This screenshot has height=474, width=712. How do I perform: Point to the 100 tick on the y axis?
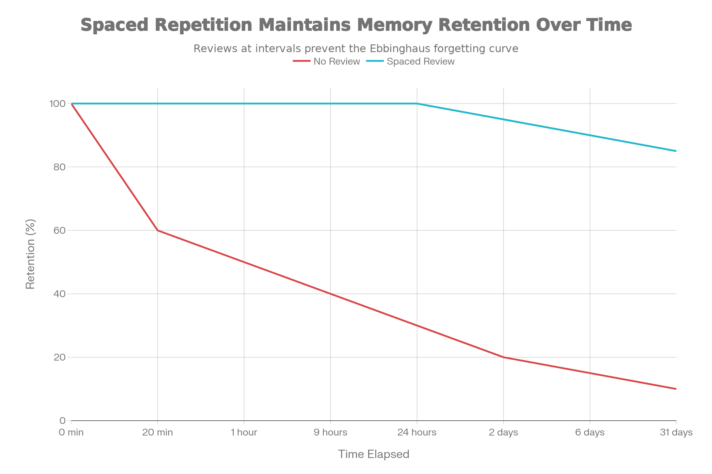(x=58, y=104)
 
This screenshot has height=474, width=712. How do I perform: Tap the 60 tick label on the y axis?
(x=60, y=230)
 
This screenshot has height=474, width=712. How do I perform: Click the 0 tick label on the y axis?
(x=62, y=420)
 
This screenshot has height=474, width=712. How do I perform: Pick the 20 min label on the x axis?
(x=158, y=432)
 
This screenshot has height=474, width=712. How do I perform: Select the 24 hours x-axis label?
(x=417, y=432)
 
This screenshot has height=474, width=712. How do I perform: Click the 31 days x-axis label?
(x=676, y=432)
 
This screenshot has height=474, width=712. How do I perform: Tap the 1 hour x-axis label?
(x=244, y=432)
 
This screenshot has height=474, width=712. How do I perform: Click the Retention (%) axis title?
(x=30, y=254)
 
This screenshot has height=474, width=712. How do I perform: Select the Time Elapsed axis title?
(x=374, y=454)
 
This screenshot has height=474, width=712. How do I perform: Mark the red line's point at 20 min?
(x=158, y=230)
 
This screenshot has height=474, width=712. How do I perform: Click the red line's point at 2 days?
(x=503, y=357)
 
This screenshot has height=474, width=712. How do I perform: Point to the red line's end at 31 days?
(x=676, y=389)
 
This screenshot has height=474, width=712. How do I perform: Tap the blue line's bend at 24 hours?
(x=417, y=104)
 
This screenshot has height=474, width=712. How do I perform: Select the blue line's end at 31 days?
(x=676, y=151)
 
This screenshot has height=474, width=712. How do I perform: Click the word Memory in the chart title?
(x=395, y=25)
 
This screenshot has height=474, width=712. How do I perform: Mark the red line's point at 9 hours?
(x=330, y=294)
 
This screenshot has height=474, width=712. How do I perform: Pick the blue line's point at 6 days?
(x=590, y=135)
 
